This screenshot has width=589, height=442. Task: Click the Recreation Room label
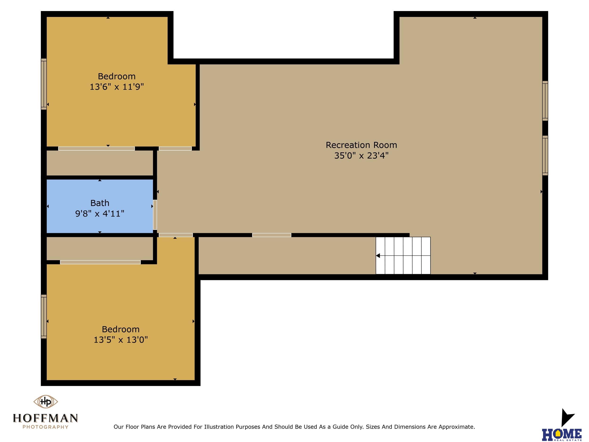pos(361,145)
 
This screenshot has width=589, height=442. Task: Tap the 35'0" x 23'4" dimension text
pos(361,155)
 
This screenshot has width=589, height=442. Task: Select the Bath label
pos(100,203)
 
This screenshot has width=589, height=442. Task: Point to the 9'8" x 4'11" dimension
pos(100,213)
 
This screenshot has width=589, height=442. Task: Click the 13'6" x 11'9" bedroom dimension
pos(117,87)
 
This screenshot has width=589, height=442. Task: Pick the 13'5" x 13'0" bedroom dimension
pos(121,340)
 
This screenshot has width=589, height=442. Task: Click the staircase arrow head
pos(378,256)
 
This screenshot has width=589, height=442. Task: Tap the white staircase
pos(403,256)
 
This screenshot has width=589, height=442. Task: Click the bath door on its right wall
pos(155,215)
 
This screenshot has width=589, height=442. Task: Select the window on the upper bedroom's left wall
pos(44,84)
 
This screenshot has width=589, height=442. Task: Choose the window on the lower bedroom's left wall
pos(44,317)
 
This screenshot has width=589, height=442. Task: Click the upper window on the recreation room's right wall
pos(545,101)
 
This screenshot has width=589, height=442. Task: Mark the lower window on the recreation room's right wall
pos(545,155)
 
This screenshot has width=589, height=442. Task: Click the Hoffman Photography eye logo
pos(45,401)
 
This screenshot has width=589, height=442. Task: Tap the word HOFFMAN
pos(45,418)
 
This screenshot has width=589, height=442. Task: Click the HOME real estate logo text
pos(562,434)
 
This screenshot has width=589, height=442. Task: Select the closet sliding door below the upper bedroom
pos(96,149)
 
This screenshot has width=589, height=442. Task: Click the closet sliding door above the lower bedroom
pos(100,262)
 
